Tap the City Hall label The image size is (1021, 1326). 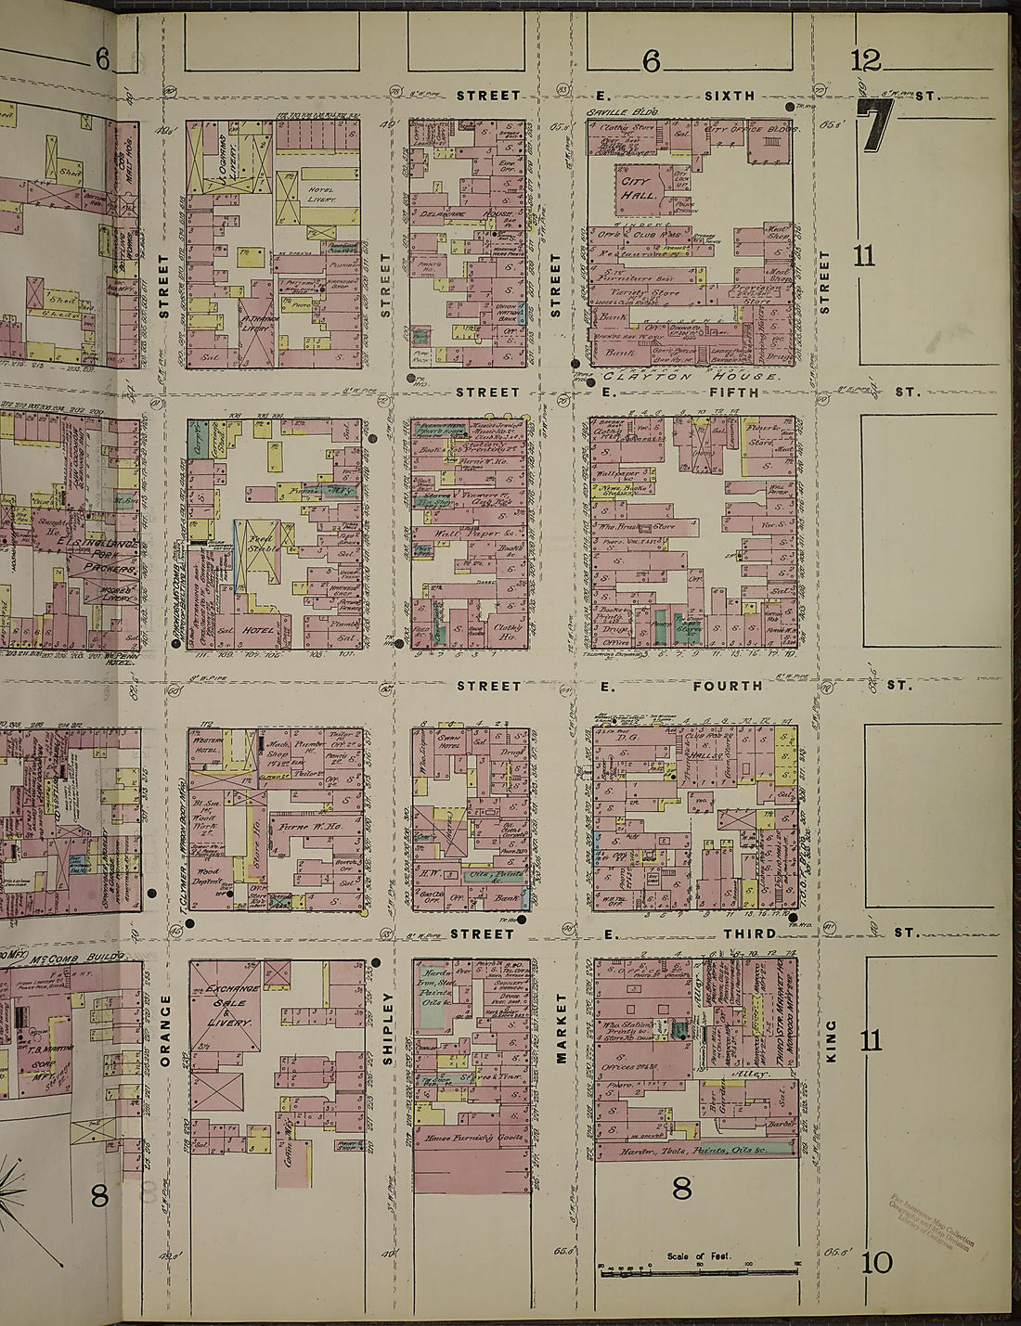click(x=639, y=189)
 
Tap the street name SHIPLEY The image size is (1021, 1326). click(x=388, y=1028)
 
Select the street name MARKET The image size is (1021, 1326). click(x=561, y=1028)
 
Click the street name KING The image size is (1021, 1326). click(x=831, y=1041)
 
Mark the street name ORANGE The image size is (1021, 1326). click(x=166, y=1030)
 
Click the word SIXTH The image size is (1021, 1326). click(x=730, y=96)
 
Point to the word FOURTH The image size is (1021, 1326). click(x=727, y=686)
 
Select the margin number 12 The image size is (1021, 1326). click(x=865, y=62)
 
